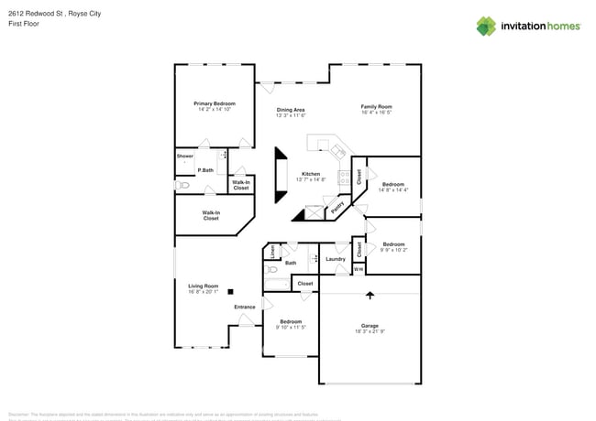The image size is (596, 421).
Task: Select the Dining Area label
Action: point(291,110)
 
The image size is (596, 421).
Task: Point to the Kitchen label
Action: point(312,174)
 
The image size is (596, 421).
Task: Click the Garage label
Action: point(370,326)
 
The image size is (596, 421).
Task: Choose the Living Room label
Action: point(203,286)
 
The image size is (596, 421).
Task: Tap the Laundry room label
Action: point(336,259)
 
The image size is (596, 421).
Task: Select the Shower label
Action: point(185,156)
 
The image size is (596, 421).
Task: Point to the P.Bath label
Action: point(205,170)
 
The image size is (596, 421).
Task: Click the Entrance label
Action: point(245,307)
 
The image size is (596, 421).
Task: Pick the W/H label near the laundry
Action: point(359,269)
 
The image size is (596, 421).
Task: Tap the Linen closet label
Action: point(272,250)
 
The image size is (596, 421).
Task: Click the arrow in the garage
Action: point(370,295)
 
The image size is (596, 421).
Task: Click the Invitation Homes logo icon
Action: point(487,26)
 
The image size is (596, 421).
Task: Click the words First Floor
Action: point(23,23)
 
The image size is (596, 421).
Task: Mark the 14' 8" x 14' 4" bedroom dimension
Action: point(393,190)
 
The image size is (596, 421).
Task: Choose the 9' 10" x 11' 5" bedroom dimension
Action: point(292,327)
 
